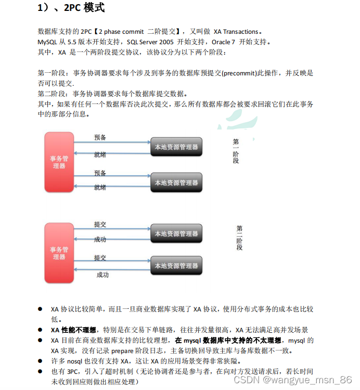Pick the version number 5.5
pos(73,42)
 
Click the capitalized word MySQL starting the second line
pos(48,42)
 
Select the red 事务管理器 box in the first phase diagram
pos(59,162)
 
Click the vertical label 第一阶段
pos(236,151)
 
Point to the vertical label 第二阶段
pos(239,238)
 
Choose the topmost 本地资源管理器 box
pos(176,147)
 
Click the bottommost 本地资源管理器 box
pos(176,266)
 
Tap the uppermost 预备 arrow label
pos(100,137)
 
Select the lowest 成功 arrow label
pos(102,275)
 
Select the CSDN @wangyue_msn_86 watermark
pos(293,380)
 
